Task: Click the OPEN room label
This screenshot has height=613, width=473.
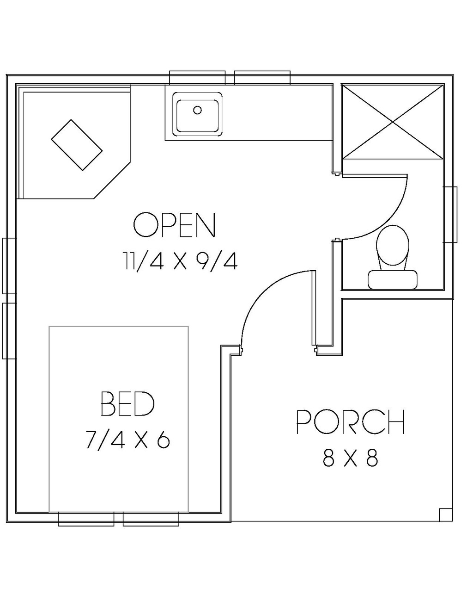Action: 174,225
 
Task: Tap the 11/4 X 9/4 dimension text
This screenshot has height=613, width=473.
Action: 180,261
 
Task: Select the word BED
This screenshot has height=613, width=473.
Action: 127,403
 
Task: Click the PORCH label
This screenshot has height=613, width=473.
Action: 350,422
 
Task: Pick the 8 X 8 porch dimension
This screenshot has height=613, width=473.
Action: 351,458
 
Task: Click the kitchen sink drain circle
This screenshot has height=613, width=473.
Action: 198,110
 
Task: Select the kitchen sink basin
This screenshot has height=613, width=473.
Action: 197,114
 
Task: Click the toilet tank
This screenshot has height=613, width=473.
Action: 393,280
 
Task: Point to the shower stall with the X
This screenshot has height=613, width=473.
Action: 392,122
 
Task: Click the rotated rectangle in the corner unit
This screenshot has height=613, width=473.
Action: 77,145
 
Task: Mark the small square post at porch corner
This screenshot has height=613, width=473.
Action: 445,514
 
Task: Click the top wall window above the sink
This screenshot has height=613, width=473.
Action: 197,78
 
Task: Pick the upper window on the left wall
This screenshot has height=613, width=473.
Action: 9,266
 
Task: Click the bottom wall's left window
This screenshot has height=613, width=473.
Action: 86,519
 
